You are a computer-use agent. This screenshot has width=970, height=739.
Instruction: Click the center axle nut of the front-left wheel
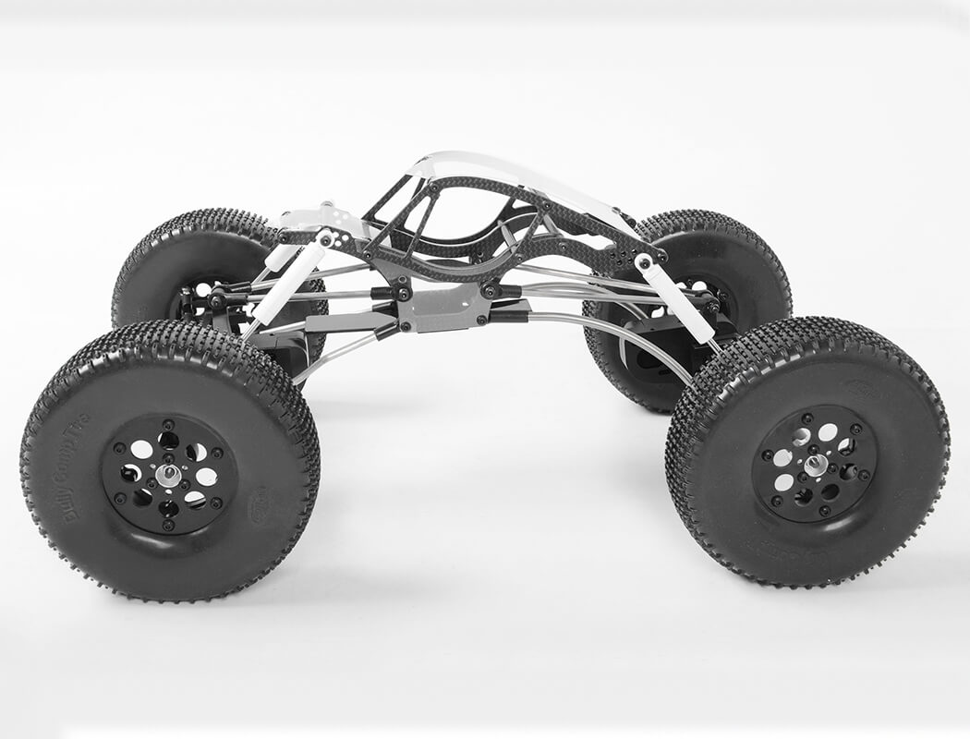[x=170, y=474]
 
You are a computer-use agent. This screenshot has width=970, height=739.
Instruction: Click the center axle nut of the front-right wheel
[x=814, y=464]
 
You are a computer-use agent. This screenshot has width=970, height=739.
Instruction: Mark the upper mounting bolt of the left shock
[x=324, y=238]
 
